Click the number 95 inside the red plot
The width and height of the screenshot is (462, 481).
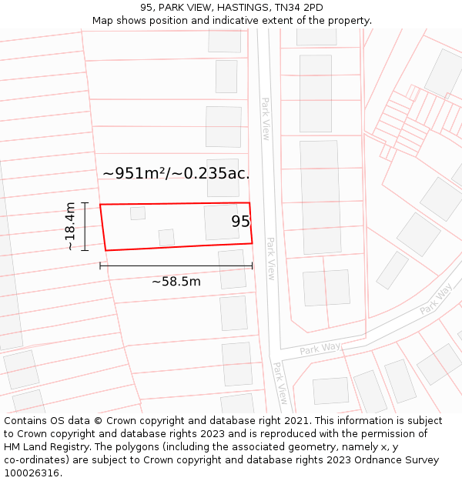tap(240, 222)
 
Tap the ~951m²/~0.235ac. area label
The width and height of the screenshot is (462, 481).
tap(176, 173)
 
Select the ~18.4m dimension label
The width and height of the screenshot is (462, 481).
tap(71, 226)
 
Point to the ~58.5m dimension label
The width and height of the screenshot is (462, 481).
tap(176, 282)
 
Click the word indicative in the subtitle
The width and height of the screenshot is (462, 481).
tap(266, 21)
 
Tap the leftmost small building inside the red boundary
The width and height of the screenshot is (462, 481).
tap(138, 213)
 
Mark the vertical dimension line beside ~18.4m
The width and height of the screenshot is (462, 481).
tap(85, 226)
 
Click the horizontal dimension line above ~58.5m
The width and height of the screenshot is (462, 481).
tap(176, 266)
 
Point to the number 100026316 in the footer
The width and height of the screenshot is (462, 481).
tap(29, 473)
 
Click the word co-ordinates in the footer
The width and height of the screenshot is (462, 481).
tap(37, 460)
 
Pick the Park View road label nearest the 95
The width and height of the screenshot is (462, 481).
tap(270, 258)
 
